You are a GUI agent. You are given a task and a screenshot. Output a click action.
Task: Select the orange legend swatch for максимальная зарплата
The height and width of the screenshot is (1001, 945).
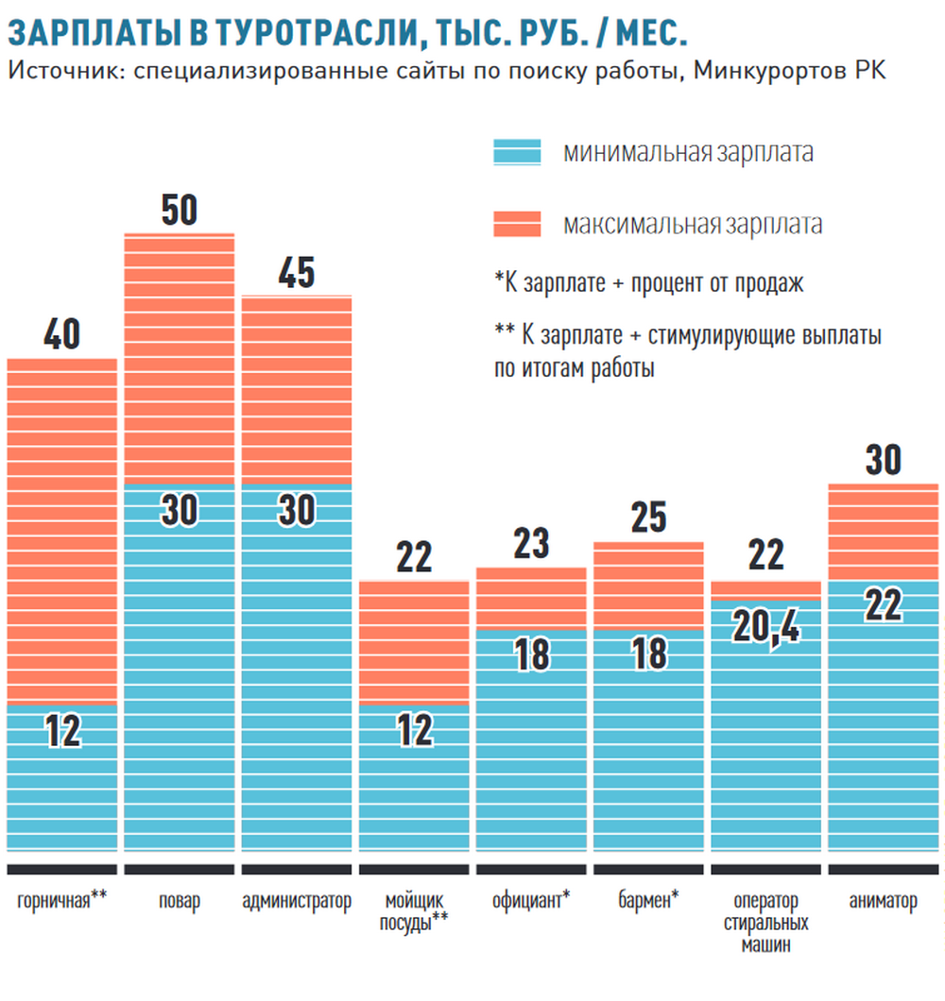pos(517,225)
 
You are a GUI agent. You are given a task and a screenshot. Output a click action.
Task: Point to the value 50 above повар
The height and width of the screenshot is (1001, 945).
pos(179,211)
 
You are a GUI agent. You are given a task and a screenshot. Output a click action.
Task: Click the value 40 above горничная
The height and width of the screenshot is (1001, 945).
pos(61,336)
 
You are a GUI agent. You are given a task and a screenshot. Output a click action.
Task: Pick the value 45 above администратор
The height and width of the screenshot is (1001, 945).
pos(296,273)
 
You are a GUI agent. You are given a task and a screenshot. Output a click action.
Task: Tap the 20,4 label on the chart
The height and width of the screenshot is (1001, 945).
pos(766,628)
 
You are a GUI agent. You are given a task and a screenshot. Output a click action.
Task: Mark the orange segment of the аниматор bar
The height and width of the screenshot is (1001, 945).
pos(884,532)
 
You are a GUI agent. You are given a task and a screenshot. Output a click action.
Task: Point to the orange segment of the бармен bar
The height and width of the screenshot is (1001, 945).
pos(648,585)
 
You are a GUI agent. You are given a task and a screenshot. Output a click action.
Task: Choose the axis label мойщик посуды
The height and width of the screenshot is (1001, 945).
pos(414,910)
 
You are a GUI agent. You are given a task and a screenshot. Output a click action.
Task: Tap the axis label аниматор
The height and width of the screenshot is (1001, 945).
pos(884,901)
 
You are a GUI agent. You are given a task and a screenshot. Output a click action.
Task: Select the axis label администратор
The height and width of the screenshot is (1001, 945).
pos(296,901)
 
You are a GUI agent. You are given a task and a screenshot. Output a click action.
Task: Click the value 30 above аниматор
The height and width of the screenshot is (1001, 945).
pos(884,460)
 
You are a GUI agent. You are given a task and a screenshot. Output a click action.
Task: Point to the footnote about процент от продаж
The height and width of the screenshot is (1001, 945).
pos(648,283)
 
